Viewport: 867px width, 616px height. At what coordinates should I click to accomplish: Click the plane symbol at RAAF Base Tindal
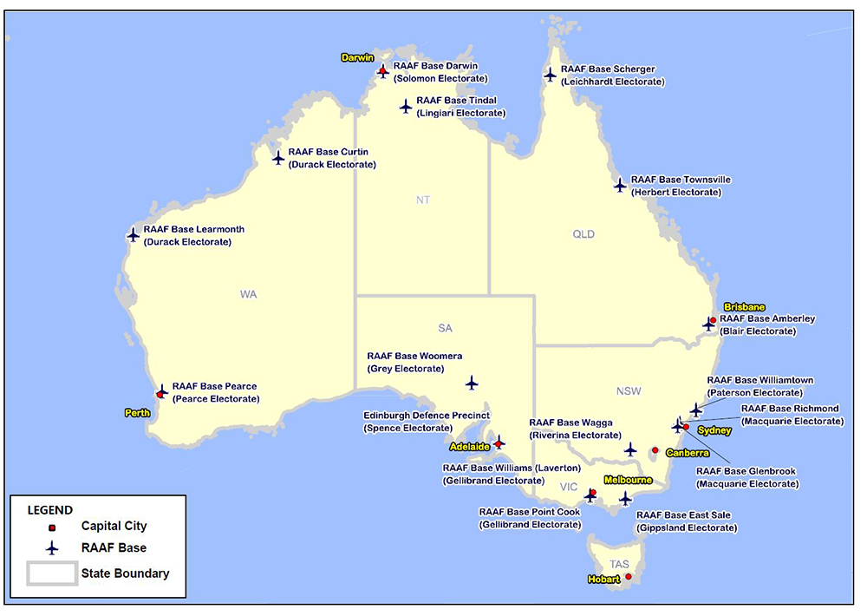406,106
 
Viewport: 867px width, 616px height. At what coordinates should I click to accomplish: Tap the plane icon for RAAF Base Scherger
550,75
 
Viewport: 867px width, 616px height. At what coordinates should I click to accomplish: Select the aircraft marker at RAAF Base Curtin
278,158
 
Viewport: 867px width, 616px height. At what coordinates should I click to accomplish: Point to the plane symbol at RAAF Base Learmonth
133,234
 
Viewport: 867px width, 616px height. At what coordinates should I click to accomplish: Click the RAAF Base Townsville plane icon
620,185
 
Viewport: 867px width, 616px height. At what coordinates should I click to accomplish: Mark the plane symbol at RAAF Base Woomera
472,383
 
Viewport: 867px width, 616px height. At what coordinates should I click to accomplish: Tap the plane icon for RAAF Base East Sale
626,499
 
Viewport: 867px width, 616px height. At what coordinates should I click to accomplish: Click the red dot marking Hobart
629,576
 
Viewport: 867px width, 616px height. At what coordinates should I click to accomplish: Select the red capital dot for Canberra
655,450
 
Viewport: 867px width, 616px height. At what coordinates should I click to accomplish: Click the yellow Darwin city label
357,58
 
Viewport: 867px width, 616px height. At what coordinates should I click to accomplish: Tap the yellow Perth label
136,413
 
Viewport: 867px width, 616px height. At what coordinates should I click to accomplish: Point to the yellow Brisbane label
745,307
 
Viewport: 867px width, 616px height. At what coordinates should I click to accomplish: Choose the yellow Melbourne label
629,480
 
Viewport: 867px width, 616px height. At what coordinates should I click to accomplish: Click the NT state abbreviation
423,200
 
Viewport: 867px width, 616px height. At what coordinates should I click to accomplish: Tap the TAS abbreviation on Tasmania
619,565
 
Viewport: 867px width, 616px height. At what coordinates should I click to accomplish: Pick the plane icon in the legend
52,548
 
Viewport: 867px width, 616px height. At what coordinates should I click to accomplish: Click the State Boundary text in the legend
125,573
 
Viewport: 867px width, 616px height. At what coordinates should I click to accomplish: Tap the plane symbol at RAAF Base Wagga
630,449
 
